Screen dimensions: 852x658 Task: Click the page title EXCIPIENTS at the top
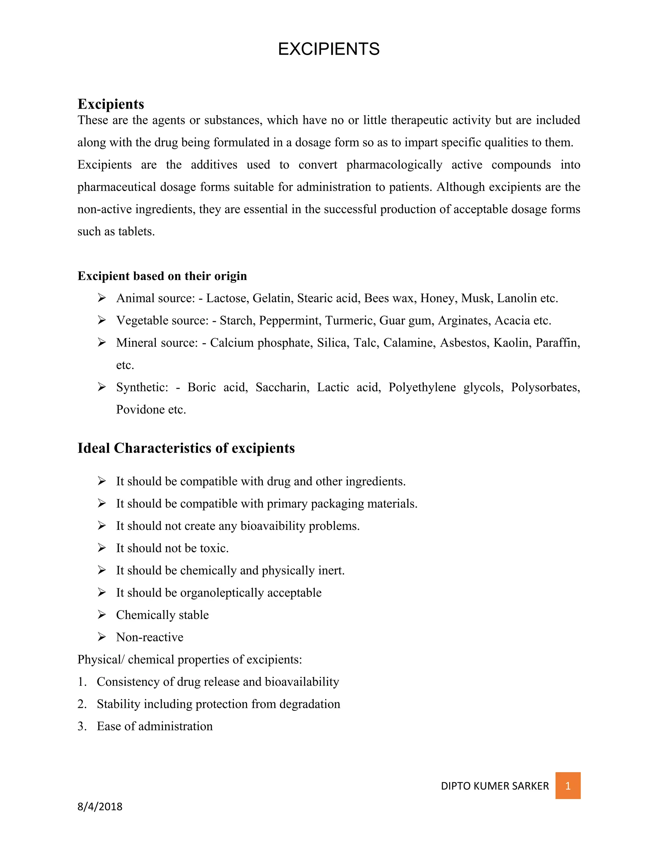[329, 49]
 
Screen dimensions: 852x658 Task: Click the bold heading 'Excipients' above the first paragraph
[111, 104]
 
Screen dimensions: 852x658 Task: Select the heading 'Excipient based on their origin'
[162, 276]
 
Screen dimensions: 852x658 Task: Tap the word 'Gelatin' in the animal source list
[272, 298]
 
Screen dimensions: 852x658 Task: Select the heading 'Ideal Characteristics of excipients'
[186, 448]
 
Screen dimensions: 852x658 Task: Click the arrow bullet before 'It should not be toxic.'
[102, 548]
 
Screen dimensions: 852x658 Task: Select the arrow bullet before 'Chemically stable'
[102, 615]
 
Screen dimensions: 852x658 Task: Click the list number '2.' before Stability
[82, 704]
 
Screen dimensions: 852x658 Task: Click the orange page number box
[568, 785]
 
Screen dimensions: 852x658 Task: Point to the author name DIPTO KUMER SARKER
[495, 786]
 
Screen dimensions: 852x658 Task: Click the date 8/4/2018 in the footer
[100, 806]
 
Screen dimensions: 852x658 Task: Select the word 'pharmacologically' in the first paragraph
[394, 165]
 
